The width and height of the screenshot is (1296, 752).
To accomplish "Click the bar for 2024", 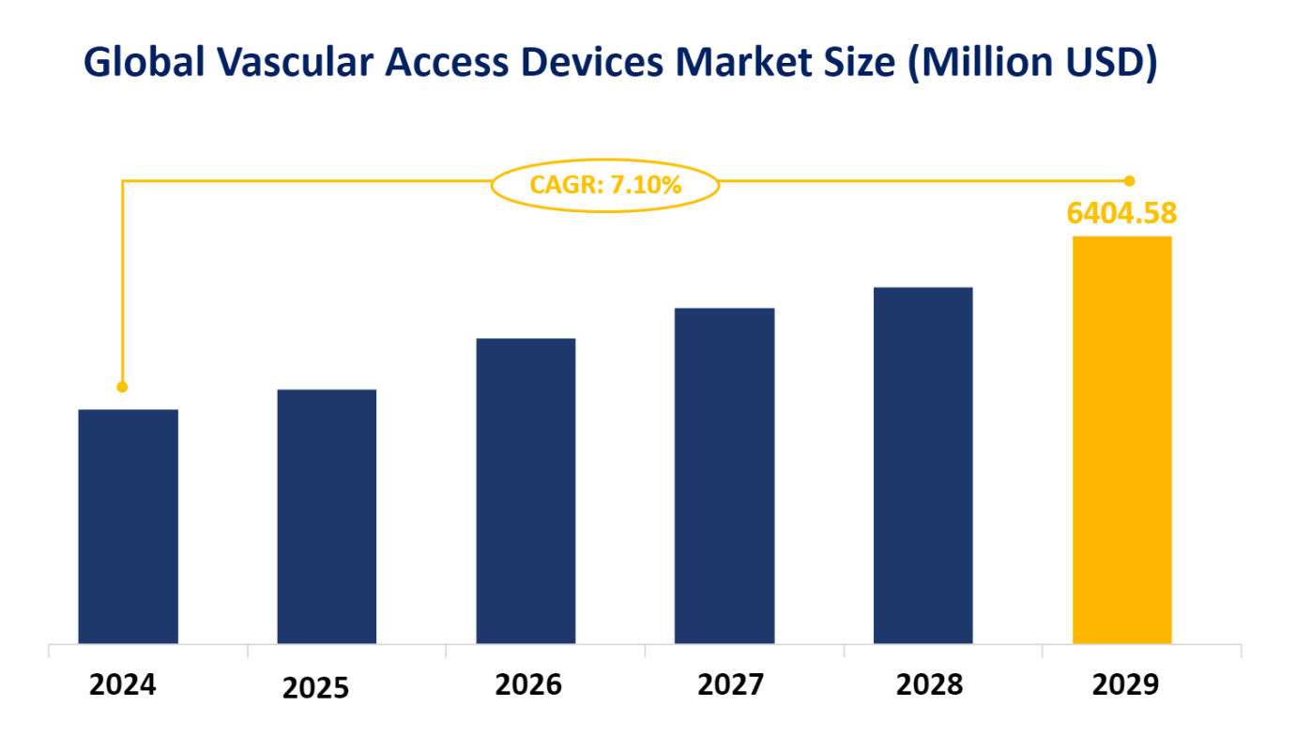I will pos(128,526).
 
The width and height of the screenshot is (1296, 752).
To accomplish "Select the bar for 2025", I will pos(327,516).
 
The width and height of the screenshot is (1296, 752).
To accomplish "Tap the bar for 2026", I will pos(526,490).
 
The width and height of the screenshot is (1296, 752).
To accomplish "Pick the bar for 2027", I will pos(724,475).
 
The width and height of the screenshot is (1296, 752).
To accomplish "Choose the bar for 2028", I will pos(922,465).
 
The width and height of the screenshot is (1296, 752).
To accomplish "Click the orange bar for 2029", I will pos(1121,439).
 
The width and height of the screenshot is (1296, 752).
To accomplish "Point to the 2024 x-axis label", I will pos(123,685).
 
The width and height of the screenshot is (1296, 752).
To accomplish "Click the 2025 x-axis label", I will pos(315,688).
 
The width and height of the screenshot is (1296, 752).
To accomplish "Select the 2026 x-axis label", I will pos(528,685).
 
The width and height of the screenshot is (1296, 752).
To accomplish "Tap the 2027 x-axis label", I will pos(731,685).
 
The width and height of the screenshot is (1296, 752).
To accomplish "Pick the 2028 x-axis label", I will pos(929,685).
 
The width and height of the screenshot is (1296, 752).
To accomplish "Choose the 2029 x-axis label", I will pos(1125,685).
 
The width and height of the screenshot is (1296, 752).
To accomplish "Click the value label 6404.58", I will pos(1121,213).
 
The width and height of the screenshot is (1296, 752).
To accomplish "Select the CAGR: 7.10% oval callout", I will pos(605,185).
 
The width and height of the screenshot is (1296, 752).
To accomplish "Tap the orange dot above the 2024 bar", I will pos(122,387).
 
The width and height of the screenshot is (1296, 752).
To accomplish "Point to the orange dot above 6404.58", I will pos(1130,180).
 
